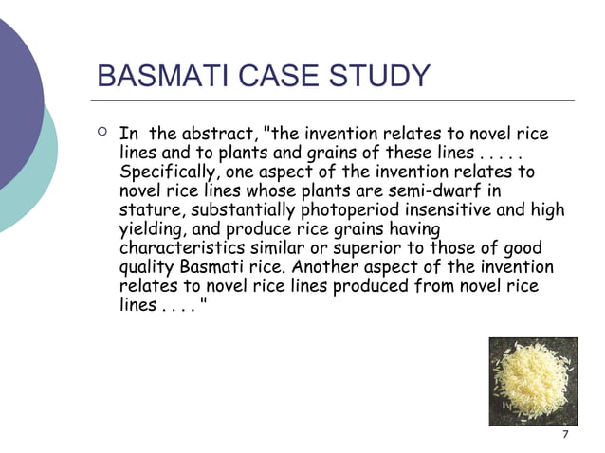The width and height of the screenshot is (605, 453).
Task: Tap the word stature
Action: pos(152,210)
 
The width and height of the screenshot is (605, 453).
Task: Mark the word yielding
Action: pos(154,229)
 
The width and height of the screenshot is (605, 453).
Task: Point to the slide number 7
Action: pos(565,435)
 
